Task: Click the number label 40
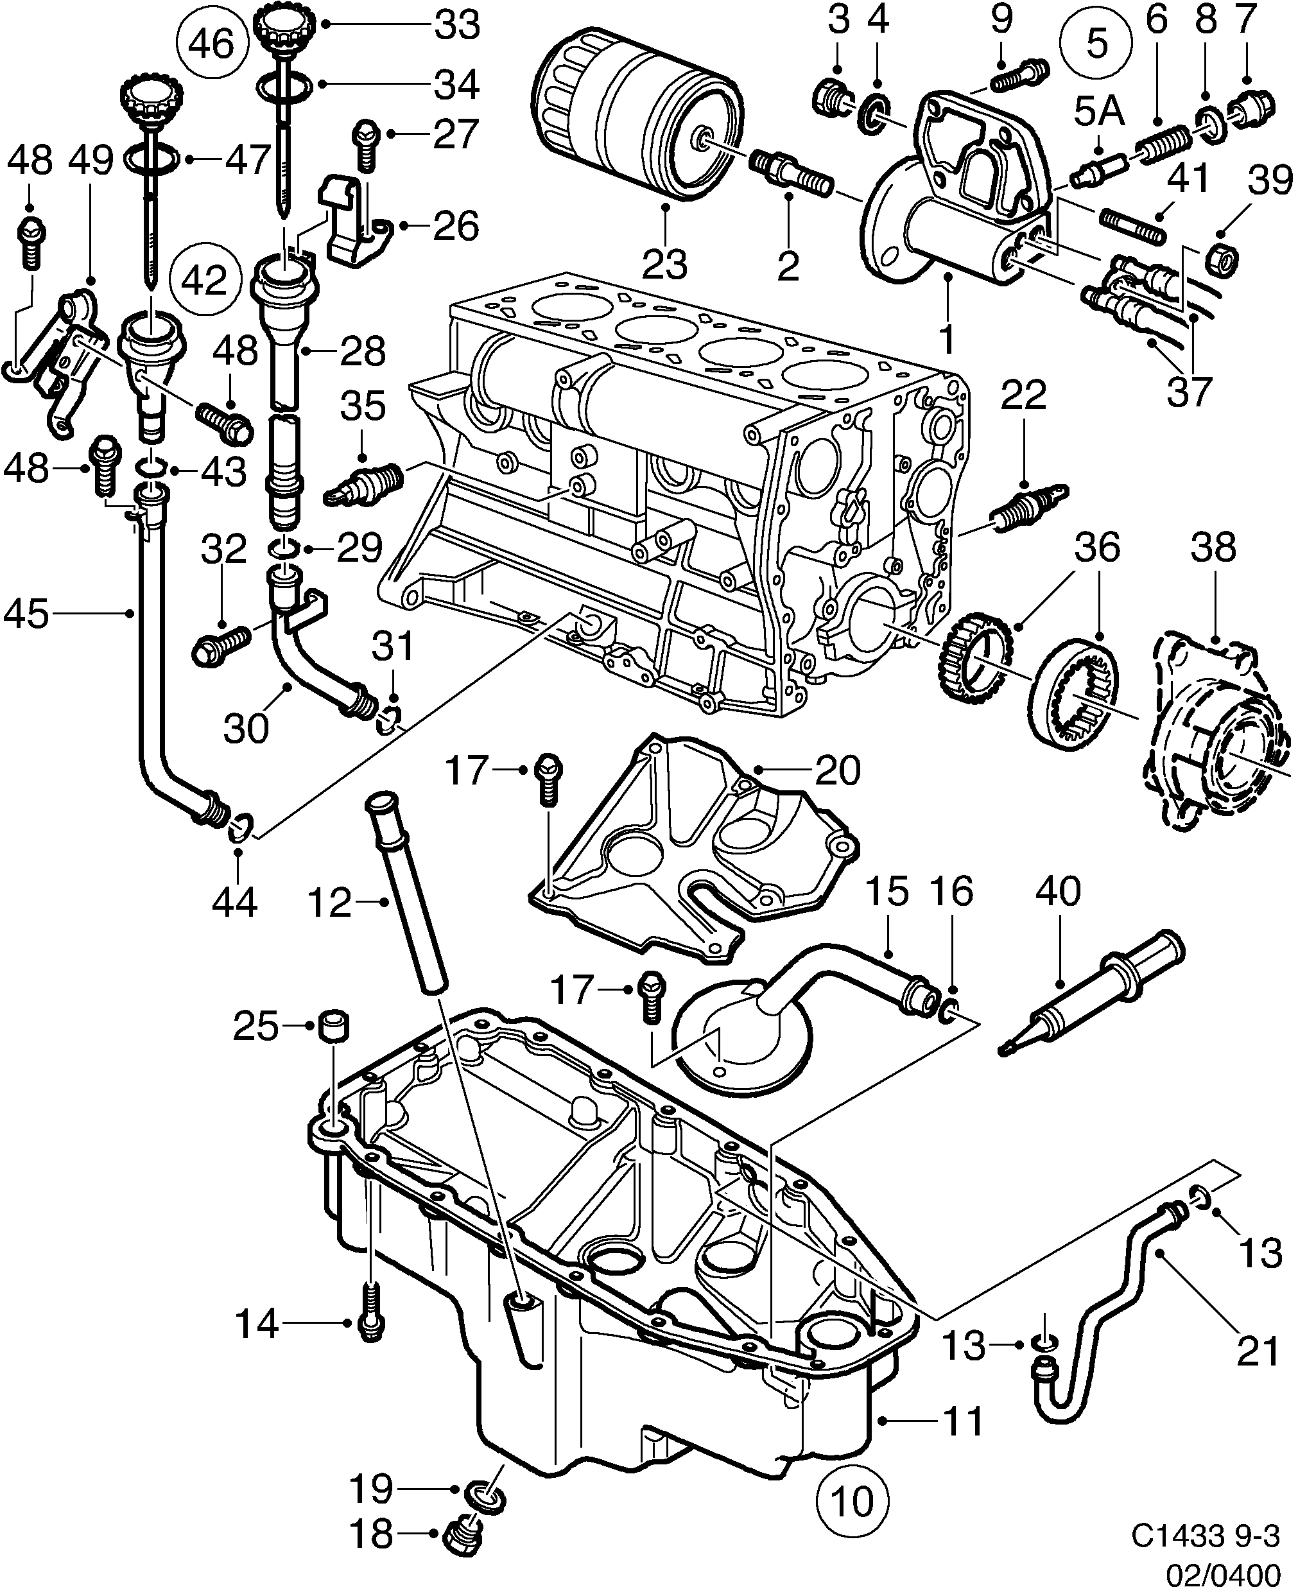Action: click(1059, 892)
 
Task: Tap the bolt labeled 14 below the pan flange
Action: click(370, 1324)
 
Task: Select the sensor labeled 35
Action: click(363, 482)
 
